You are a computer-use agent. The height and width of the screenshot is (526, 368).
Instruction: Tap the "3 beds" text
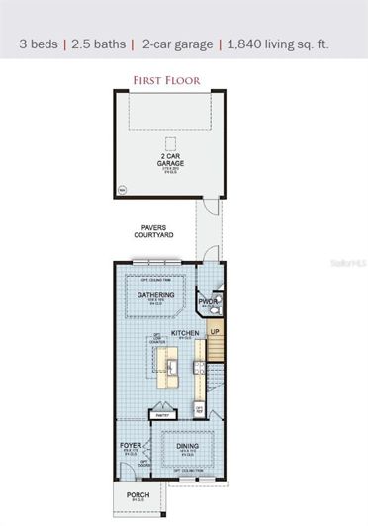tap(40, 44)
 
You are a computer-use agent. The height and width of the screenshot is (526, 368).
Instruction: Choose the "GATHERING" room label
tap(156, 294)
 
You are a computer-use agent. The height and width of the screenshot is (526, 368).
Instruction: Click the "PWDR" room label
tap(208, 302)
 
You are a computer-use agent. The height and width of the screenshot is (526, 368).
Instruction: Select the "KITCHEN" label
tap(186, 333)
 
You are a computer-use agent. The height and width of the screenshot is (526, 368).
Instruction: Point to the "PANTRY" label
tap(163, 415)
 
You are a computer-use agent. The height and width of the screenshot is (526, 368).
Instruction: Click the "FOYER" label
tap(132, 446)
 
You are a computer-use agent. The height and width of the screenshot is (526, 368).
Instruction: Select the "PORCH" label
tap(137, 495)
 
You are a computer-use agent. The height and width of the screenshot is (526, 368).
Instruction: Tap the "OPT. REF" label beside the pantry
tap(199, 408)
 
